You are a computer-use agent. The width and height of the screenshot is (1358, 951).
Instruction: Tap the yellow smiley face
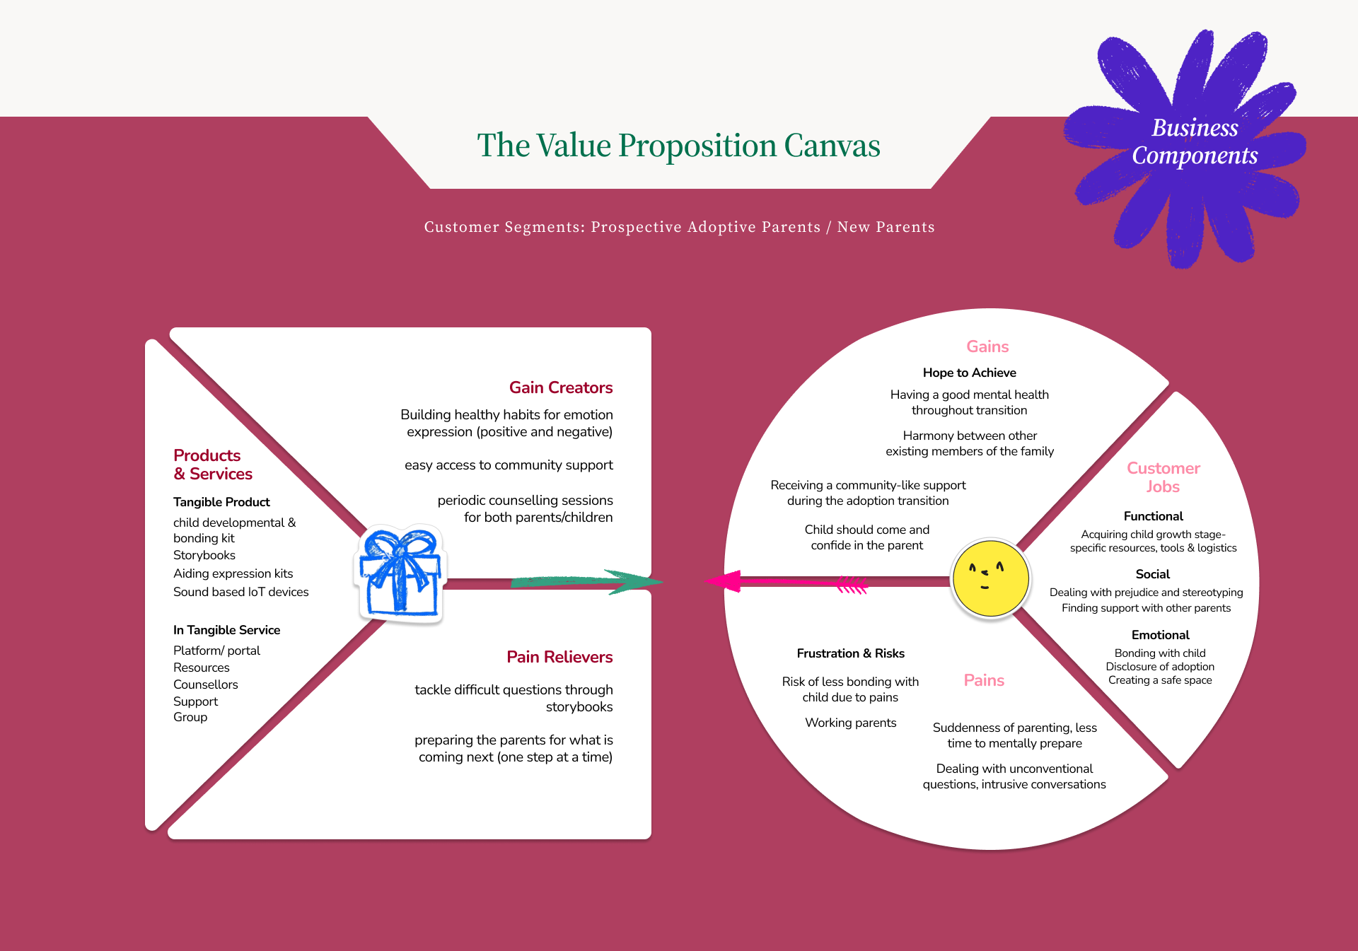(990, 578)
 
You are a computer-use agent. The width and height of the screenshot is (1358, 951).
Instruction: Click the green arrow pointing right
(587, 581)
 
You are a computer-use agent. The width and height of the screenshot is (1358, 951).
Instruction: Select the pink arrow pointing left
(785, 582)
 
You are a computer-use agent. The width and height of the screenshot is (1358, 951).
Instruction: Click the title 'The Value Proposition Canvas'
(678, 146)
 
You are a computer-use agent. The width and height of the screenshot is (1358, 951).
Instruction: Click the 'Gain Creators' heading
(561, 387)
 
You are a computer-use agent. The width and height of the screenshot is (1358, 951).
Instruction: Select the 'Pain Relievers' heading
(559, 657)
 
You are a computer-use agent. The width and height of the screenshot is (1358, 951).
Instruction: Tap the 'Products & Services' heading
(212, 465)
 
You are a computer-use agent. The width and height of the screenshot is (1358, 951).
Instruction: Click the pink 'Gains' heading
(987, 346)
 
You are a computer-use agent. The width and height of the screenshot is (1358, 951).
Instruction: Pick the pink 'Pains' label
(984, 680)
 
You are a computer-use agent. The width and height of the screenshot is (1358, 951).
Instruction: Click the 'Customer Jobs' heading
(1163, 477)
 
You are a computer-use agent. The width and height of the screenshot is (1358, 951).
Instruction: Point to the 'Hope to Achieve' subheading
(969, 373)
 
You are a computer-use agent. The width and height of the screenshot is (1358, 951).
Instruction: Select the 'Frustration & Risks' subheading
(850, 653)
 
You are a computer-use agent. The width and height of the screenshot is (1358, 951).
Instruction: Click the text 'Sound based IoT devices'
(240, 592)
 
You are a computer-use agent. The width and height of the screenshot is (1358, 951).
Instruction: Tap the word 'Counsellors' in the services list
(205, 684)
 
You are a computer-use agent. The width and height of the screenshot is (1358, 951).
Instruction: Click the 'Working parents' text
(850, 723)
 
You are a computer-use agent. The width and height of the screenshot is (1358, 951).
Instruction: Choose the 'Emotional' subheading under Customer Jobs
(1160, 635)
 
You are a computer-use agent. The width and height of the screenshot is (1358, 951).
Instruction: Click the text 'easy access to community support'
(509, 465)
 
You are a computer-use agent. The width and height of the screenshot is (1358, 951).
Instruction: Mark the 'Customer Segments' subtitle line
(679, 227)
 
